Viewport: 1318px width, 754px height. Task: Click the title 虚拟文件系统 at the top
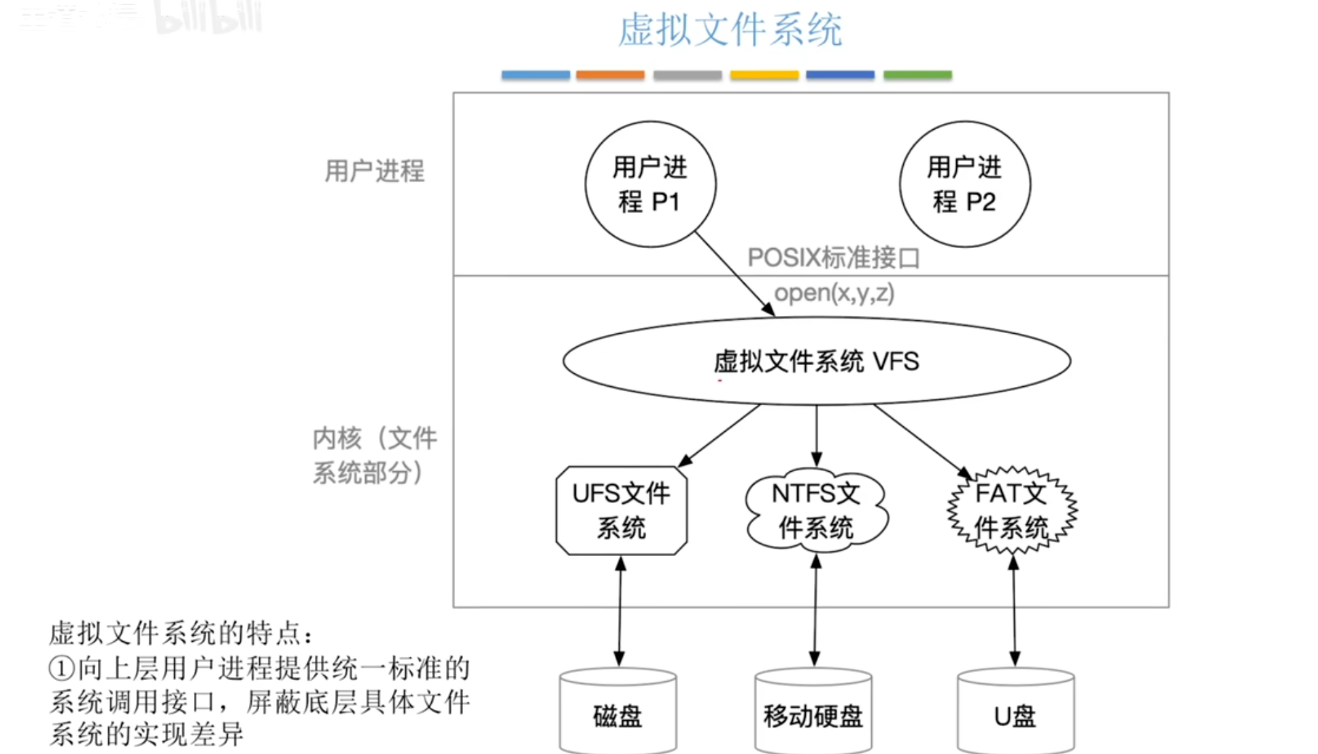click(x=730, y=31)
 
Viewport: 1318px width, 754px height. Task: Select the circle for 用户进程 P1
click(x=650, y=184)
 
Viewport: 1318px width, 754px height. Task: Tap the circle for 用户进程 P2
click(x=964, y=184)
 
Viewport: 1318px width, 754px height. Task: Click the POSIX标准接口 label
click(x=833, y=258)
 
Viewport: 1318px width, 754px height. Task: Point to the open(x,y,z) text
click(x=834, y=293)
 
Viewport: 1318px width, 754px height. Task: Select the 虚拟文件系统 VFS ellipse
click(x=816, y=361)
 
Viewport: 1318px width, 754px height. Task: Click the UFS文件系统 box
click(x=621, y=511)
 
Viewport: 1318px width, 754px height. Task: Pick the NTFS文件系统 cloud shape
click(x=816, y=511)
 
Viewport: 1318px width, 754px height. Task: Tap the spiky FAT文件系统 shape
click(x=1012, y=511)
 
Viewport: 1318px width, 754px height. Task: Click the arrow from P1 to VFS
click(x=734, y=274)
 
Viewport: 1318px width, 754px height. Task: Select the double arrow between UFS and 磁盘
click(x=620, y=611)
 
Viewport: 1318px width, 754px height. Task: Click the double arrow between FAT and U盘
click(x=1014, y=611)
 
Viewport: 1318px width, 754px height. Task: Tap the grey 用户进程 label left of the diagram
click(x=374, y=171)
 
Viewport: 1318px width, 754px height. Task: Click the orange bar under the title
click(x=610, y=75)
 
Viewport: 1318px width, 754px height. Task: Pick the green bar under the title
click(x=917, y=75)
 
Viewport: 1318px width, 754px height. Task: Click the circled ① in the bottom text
click(x=61, y=668)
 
